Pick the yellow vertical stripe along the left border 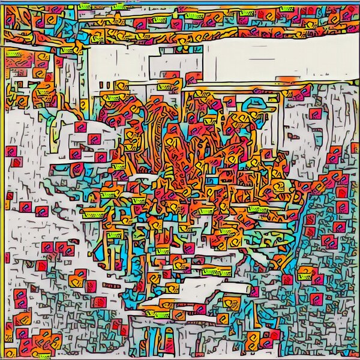2,180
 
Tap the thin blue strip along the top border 180,2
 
